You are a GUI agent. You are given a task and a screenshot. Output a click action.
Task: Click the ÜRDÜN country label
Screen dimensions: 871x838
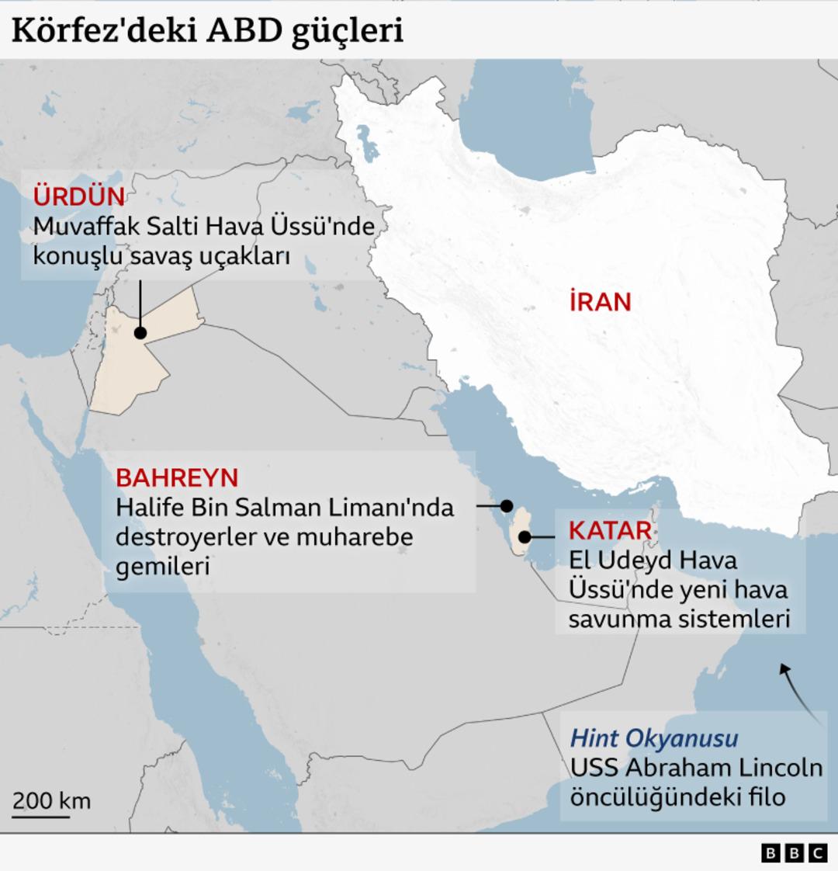78,196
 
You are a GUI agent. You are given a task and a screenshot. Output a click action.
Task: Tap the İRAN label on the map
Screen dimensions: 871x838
600,301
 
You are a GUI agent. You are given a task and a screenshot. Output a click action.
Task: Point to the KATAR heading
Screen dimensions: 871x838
610,530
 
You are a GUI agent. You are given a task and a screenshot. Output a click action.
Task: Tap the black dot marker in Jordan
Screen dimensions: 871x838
140,333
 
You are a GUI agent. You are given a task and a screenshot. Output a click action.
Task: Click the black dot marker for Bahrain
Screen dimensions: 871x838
507,505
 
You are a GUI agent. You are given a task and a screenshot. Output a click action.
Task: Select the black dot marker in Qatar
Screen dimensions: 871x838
525,536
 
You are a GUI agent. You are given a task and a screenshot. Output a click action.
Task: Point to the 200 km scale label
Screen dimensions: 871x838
51,800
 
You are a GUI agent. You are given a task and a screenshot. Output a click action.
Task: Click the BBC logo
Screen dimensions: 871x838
794,853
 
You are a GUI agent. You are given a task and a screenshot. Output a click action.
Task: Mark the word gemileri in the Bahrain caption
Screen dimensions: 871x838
163,566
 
